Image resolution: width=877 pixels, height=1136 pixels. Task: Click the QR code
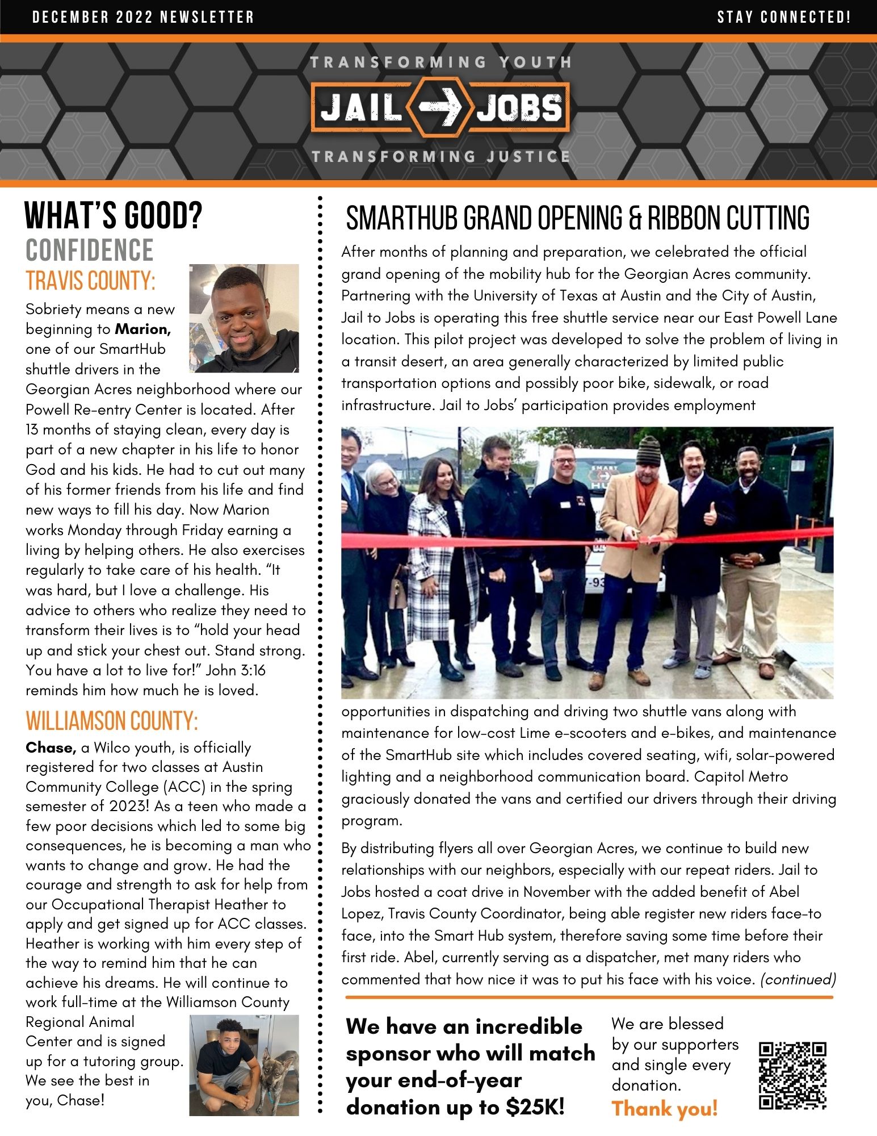click(792, 1075)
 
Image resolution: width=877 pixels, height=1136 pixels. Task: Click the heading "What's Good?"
click(114, 216)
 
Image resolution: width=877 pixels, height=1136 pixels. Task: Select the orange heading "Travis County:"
click(90, 281)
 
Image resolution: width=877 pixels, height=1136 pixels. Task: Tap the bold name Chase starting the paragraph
click(51, 747)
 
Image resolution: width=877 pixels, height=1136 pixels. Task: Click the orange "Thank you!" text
click(664, 1108)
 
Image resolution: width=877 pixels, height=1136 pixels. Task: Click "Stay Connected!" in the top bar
click(784, 17)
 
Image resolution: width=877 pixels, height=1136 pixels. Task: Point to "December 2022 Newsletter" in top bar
click(143, 17)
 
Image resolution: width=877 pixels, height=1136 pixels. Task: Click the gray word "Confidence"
click(90, 250)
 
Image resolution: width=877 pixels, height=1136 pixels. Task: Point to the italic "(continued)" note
click(798, 979)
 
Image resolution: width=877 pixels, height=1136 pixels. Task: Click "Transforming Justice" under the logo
click(440, 156)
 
